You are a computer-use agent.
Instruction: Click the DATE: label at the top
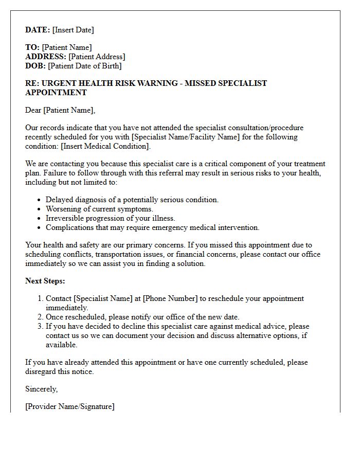(x=38, y=30)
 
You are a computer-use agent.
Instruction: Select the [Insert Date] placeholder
(x=73, y=30)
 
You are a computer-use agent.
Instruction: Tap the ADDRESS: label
(x=46, y=57)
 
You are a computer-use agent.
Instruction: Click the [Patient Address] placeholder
(x=97, y=57)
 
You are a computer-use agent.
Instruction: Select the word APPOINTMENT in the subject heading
(x=56, y=93)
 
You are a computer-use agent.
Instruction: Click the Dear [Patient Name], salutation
(x=60, y=110)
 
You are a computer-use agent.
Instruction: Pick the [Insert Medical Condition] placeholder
(x=105, y=146)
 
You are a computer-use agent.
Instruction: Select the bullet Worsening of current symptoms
(x=99, y=209)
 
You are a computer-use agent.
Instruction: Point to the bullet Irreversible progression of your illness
(x=110, y=218)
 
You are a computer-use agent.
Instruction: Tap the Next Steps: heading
(x=45, y=281)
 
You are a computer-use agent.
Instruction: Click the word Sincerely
(x=42, y=389)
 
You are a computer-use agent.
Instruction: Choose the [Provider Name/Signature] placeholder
(x=70, y=406)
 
